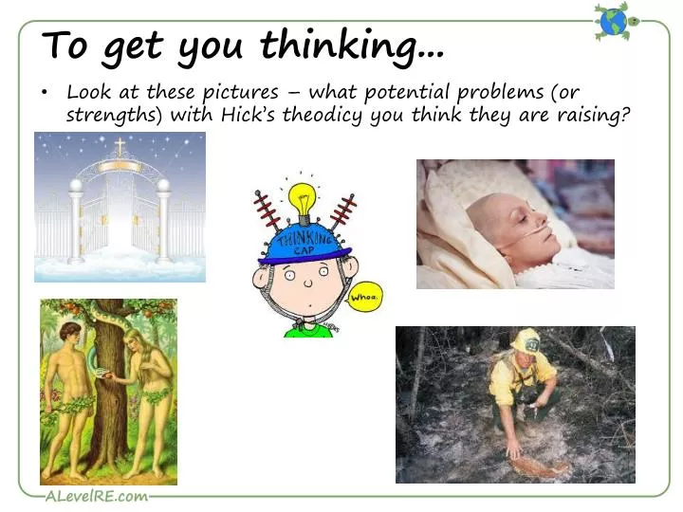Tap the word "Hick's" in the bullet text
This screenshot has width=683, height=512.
[x=254, y=115]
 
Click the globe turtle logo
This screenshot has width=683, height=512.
[x=614, y=20]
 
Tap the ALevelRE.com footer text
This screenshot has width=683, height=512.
[x=96, y=496]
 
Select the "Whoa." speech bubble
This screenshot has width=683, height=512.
[x=364, y=298]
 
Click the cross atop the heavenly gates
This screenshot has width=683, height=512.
[x=120, y=147]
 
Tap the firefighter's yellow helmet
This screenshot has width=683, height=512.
[x=526, y=340]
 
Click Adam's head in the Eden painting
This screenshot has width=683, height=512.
[x=68, y=335]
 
